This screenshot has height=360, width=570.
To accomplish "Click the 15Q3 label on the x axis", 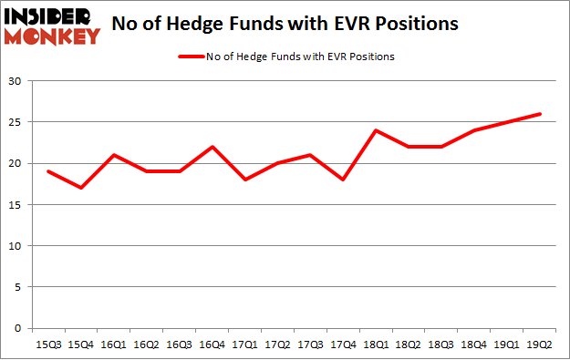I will coord(47,345).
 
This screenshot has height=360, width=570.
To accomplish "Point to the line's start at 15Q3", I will coord(47,171).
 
